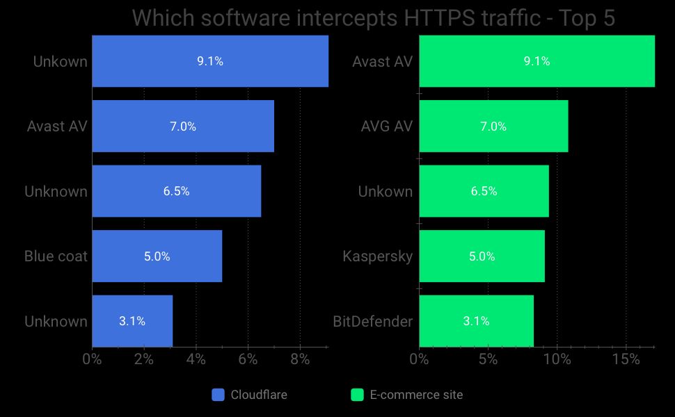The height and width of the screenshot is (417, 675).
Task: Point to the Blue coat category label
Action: (x=56, y=256)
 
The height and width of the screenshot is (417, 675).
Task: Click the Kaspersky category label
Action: (x=378, y=256)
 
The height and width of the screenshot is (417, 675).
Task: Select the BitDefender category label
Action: (x=373, y=322)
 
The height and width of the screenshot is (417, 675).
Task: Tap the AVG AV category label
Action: (x=387, y=126)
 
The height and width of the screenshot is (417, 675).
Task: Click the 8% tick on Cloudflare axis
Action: (x=300, y=360)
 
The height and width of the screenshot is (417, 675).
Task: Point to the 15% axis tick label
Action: (x=626, y=360)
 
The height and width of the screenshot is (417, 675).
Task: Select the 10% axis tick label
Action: (x=557, y=360)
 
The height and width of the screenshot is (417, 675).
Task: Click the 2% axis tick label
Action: (x=144, y=360)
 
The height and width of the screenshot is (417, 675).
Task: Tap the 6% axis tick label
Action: (x=248, y=360)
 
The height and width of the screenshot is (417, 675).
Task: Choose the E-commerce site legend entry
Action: (x=406, y=395)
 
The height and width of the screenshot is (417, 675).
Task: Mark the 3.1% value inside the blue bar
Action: (x=132, y=322)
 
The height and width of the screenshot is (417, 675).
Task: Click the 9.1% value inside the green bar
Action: (x=537, y=61)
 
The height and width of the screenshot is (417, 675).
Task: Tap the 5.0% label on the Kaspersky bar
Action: (x=482, y=256)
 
